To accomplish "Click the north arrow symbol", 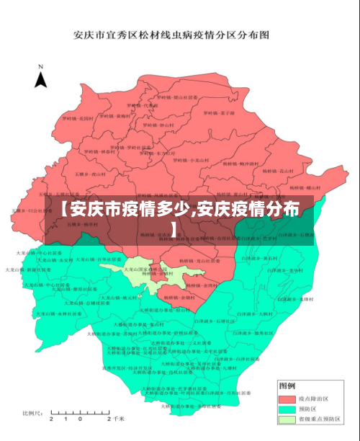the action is tap(41, 75).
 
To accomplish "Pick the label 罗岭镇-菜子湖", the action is tap(219, 112).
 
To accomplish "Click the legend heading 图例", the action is tap(289, 387).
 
